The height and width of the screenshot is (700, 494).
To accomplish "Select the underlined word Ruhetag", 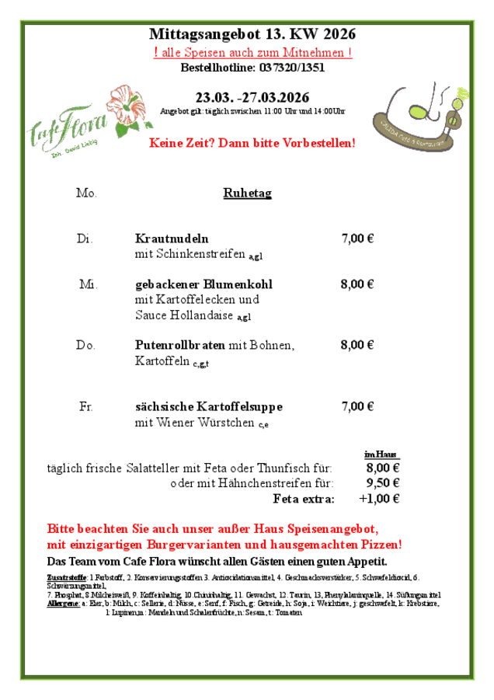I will [247, 193].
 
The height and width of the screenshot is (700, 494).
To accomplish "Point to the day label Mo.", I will [86, 193].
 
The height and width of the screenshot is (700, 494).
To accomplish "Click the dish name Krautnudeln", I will [172, 239].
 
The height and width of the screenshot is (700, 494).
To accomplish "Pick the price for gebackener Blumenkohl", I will [357, 284].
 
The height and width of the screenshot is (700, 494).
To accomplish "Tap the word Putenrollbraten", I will [180, 345].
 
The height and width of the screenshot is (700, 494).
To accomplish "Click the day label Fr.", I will [85, 406].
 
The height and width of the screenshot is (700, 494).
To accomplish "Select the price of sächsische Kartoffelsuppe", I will [357, 406].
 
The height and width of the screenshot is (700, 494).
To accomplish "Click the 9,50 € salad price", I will [382, 483].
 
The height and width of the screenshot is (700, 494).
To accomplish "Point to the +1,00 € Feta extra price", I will [379, 499].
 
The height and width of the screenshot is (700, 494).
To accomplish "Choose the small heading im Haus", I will [381, 454].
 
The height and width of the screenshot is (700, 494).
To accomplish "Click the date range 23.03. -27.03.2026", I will [252, 98].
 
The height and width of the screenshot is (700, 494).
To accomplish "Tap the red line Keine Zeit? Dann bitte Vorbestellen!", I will [252, 144].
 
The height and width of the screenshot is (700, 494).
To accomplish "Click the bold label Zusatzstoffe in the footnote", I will [67, 577].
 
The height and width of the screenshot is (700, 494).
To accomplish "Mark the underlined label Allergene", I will [63, 603].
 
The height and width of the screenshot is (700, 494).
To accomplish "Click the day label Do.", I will [85, 345].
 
